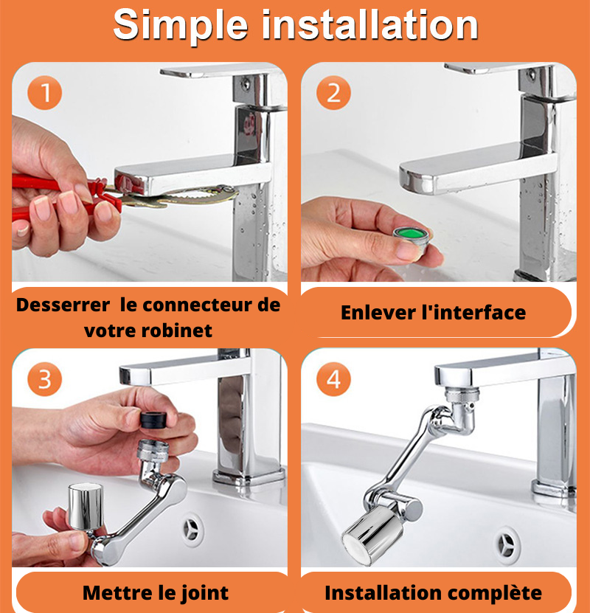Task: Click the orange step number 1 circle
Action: (x=44, y=93)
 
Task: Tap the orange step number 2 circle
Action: (x=333, y=93)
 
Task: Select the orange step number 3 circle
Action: (x=44, y=379)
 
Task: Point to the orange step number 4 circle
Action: (x=333, y=379)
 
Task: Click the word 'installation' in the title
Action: (x=369, y=25)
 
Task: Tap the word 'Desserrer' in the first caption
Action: (x=63, y=305)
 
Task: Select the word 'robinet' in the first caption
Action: (x=176, y=330)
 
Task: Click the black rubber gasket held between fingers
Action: (x=153, y=420)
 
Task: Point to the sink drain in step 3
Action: (x=193, y=530)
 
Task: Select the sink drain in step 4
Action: (x=507, y=544)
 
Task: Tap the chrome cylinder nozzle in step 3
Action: (x=86, y=506)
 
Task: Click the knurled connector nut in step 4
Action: (x=462, y=395)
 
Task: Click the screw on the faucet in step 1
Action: (x=246, y=83)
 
